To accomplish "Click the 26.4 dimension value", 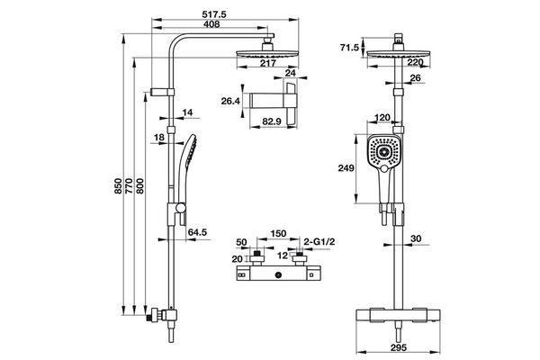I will (231, 101).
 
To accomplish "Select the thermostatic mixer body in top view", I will (279, 274).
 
